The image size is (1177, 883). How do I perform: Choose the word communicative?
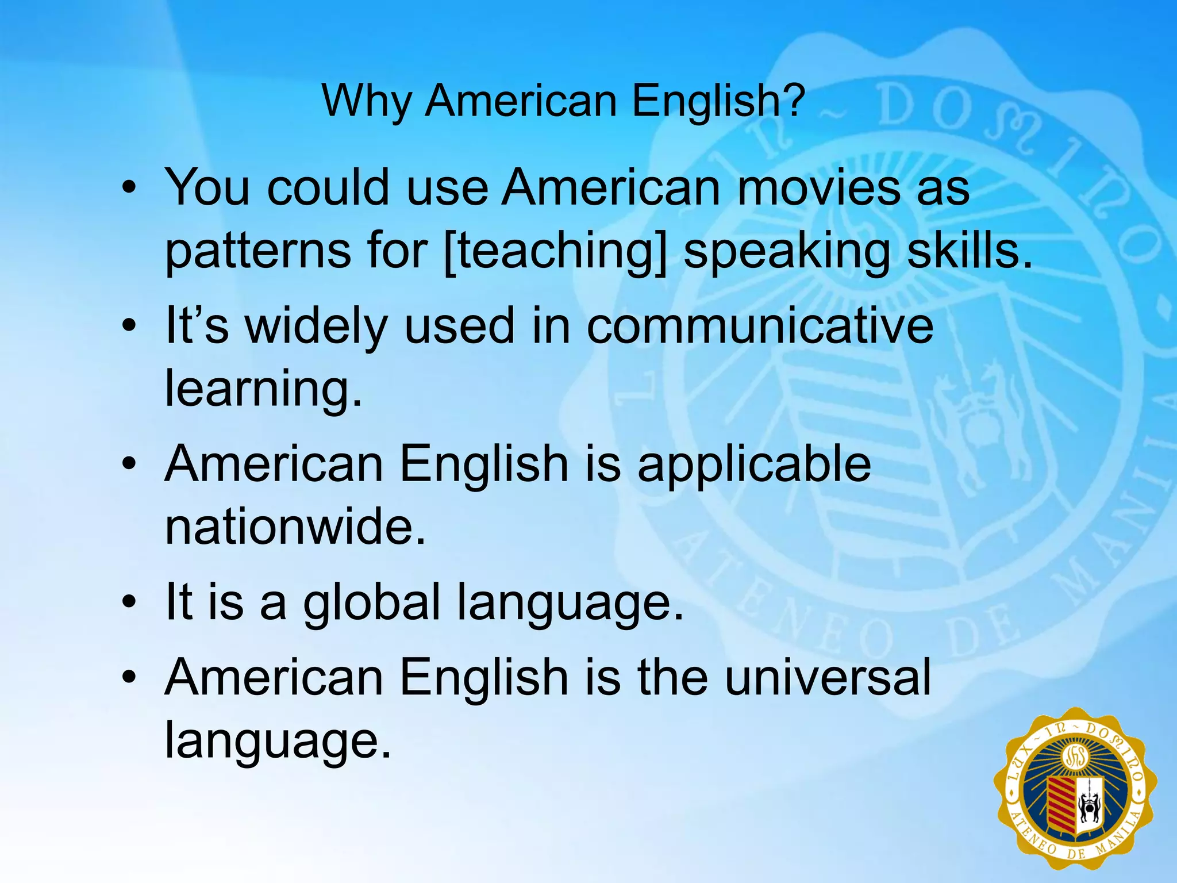[x=760, y=325]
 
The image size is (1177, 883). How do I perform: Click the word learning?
[x=264, y=389]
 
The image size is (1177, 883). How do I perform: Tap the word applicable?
[x=754, y=464]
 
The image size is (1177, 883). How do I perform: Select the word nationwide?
[x=295, y=527]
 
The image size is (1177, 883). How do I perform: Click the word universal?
[x=828, y=678]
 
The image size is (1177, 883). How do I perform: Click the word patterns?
[x=257, y=252]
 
